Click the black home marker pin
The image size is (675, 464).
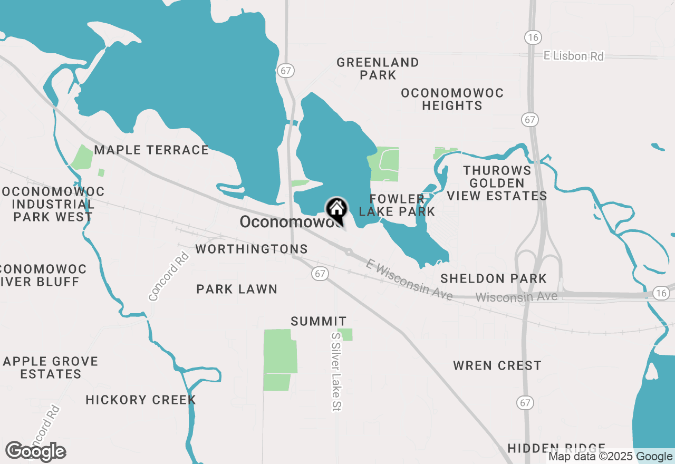(336, 209)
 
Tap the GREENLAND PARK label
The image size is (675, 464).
(378, 69)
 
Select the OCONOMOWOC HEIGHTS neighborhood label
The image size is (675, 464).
(452, 99)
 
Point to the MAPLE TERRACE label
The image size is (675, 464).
(151, 150)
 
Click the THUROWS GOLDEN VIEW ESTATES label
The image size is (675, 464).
(497, 183)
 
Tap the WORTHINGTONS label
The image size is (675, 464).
(252, 249)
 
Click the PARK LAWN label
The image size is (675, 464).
(237, 289)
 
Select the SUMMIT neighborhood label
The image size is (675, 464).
(319, 321)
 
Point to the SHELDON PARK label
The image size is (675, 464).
(494, 278)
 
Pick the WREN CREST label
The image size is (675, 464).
(497, 365)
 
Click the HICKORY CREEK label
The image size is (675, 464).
(141, 400)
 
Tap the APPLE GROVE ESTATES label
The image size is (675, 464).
(51, 368)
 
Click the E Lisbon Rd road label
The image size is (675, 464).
(574, 56)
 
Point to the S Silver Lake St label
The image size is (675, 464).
(336, 371)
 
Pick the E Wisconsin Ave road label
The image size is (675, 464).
(409, 280)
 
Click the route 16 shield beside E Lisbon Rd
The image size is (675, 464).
(532, 36)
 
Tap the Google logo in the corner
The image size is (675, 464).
(36, 451)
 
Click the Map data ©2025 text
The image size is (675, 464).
(591, 457)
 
